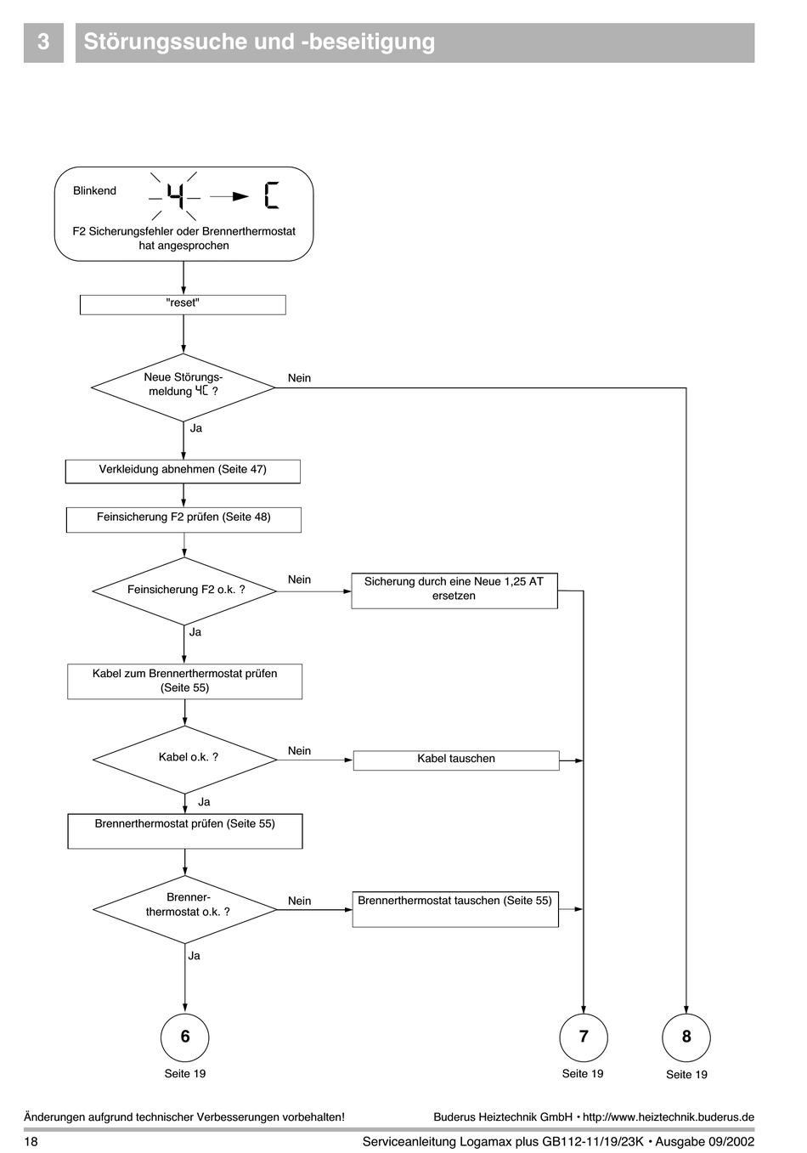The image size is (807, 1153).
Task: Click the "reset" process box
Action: pos(183,305)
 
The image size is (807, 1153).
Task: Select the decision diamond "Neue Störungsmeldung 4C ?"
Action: pos(183,387)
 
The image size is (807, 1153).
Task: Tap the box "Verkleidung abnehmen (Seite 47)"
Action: pos(183,472)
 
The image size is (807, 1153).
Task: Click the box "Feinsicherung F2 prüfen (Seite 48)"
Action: pos(183,520)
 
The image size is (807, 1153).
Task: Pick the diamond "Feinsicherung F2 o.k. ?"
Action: pos(184,591)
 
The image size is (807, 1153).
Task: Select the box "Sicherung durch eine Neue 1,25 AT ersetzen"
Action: pos(454,591)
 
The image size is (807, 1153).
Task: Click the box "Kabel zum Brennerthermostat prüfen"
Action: pos(185,681)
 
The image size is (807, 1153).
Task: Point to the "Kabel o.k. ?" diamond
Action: pos(185,760)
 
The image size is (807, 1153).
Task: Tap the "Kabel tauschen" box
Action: pos(456,760)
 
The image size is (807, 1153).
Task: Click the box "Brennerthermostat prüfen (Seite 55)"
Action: pos(185,831)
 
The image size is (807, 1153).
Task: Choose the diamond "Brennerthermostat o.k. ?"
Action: pos(185,909)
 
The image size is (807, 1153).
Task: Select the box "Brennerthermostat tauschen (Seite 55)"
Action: pos(455,909)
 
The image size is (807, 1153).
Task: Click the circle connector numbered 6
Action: pos(185,1037)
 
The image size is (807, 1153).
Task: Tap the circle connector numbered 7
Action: pos(584,1037)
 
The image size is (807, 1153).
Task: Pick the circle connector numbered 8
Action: pos(686,1037)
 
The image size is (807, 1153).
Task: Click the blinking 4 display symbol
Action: pos(175,196)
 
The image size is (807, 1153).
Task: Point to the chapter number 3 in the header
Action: pos(43,42)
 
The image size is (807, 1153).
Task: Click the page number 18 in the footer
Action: pos(31,1142)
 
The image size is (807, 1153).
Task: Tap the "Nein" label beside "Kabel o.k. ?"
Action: pos(300,751)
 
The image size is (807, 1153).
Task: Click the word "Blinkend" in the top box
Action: pos(94,191)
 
